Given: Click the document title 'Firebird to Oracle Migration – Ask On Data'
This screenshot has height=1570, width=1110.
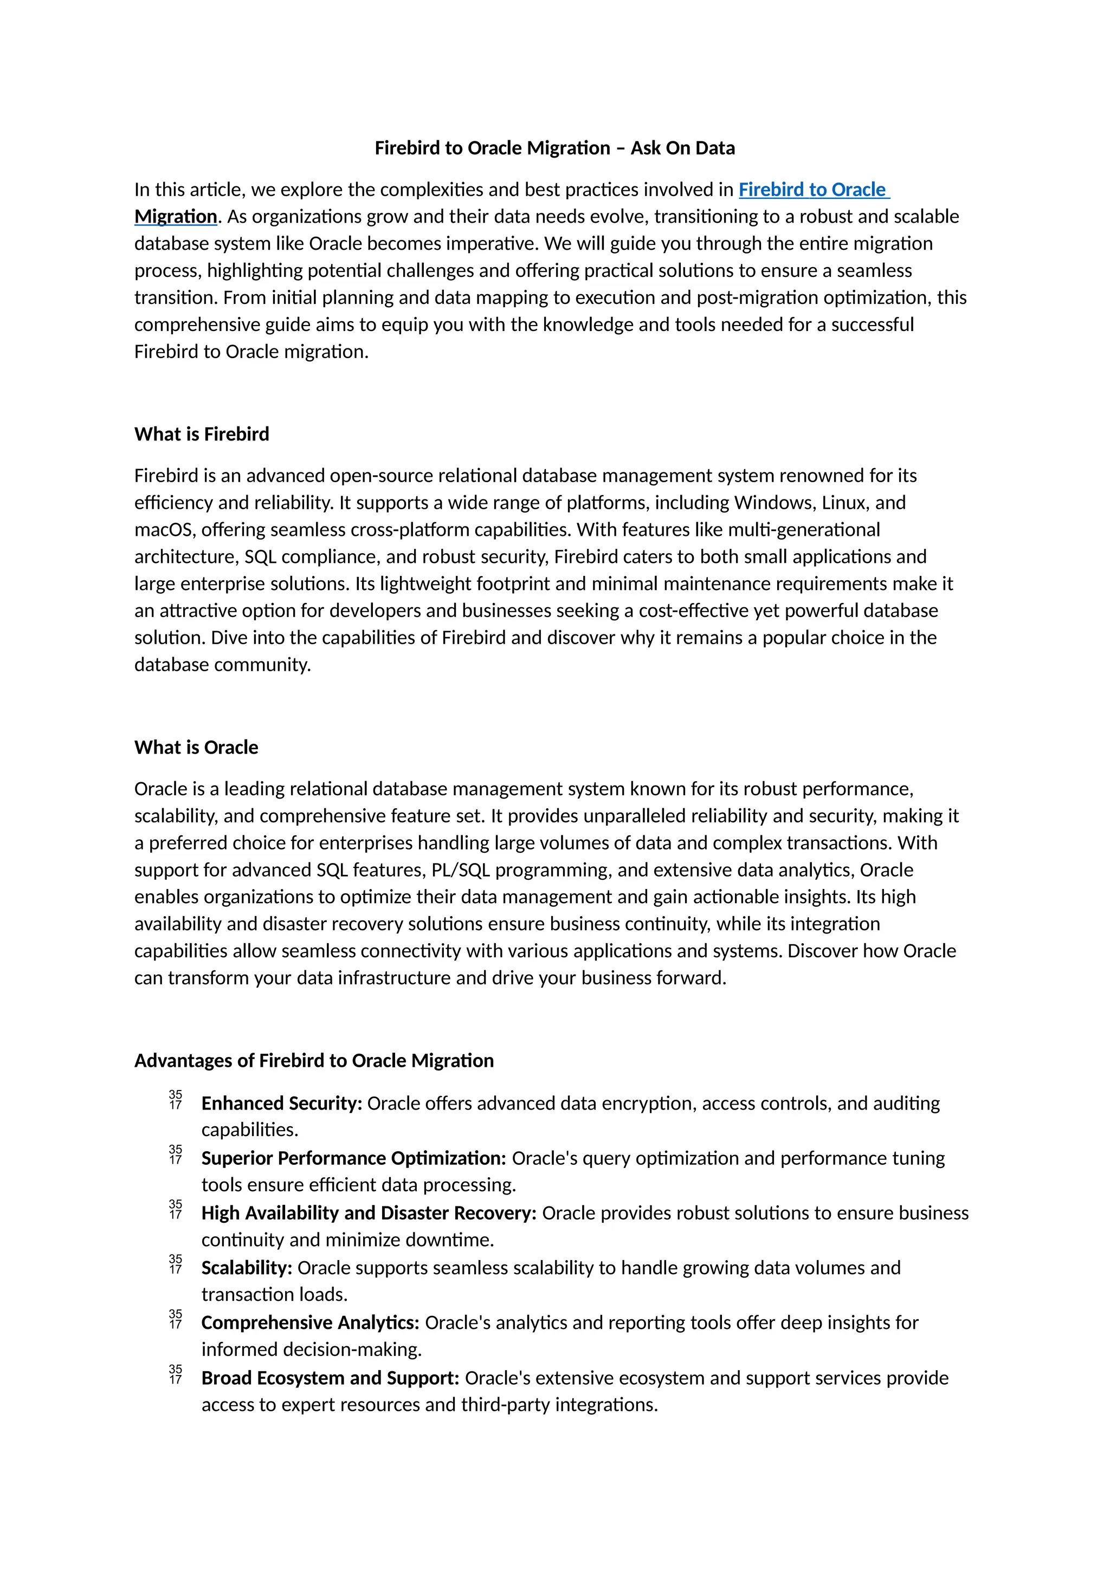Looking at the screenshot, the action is click(x=554, y=148).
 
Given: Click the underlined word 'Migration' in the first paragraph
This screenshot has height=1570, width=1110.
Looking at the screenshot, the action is click(x=175, y=217).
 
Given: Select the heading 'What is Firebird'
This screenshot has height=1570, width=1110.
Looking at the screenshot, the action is click(x=202, y=434).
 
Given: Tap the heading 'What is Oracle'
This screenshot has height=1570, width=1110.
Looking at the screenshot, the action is click(x=196, y=748).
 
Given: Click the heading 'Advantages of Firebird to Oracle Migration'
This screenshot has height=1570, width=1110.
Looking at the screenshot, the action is click(x=314, y=1061).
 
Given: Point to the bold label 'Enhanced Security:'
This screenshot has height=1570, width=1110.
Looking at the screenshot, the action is click(x=281, y=1103).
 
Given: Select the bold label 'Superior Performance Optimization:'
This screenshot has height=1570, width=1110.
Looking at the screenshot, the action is click(x=353, y=1158).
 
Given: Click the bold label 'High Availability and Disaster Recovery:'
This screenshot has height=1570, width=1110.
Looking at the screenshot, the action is click(x=369, y=1212).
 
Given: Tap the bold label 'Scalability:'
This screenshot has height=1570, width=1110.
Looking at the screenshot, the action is click(x=246, y=1268).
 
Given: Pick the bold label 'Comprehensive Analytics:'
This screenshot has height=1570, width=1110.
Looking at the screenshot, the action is click(x=310, y=1322).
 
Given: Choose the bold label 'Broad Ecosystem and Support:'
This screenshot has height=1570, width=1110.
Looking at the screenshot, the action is click(x=330, y=1378).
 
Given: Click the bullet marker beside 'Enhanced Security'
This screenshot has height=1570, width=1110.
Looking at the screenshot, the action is click(x=176, y=1100).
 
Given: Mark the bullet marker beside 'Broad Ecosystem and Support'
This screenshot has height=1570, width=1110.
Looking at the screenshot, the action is click(x=176, y=1374).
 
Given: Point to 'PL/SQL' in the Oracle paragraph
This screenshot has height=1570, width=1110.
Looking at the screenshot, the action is click(x=460, y=870).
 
